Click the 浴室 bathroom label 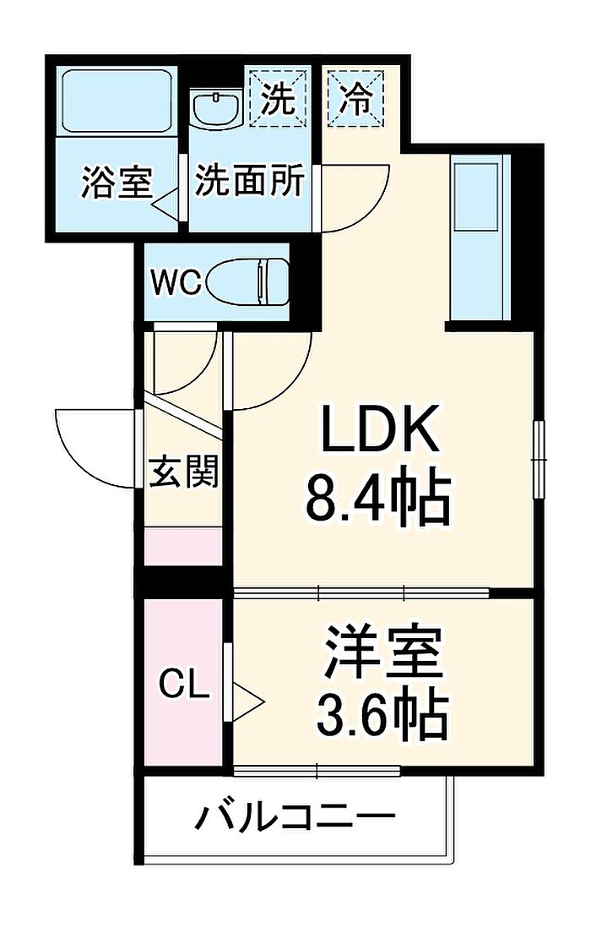click(117, 182)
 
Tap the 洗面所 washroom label click(250, 180)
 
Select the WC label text click(176, 282)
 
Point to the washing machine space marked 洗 click(278, 98)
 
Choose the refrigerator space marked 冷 click(356, 98)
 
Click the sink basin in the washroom click(218, 108)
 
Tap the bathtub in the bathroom click(117, 101)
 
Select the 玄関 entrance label click(183, 472)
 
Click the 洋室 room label click(382, 651)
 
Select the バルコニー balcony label click(295, 817)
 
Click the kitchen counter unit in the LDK click(480, 237)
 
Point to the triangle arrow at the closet click(248, 702)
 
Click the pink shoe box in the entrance click(183, 546)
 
